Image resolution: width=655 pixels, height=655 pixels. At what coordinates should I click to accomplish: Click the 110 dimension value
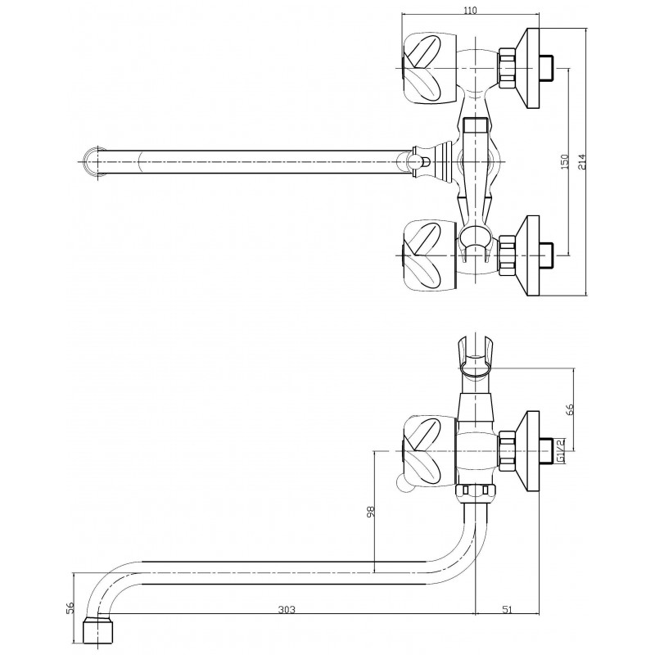tap(470, 10)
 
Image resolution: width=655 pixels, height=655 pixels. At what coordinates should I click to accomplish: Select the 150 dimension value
tap(565, 161)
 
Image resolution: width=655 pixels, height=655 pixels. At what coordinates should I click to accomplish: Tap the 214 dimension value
tap(582, 161)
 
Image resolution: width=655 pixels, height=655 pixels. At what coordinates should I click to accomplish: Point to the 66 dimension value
tap(571, 409)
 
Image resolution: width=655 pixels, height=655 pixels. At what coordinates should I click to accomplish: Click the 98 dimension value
tap(371, 511)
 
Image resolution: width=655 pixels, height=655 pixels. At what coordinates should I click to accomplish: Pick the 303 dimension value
tap(287, 609)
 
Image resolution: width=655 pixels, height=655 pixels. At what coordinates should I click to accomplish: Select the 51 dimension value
tap(507, 609)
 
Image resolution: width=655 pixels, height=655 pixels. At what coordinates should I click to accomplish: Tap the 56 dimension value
tap(70, 608)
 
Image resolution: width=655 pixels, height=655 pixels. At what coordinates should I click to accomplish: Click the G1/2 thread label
tap(562, 451)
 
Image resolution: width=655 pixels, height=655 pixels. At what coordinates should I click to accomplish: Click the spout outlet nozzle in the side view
tap(97, 630)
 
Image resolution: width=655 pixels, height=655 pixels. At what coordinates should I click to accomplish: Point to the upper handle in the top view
tap(430, 68)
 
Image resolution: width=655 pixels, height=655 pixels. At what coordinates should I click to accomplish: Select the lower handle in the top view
tap(430, 255)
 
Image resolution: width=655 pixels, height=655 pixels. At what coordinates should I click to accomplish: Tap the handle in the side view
tap(430, 451)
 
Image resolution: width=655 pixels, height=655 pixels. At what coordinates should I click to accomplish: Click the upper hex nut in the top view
tap(507, 68)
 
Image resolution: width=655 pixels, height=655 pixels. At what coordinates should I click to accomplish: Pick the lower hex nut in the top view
tap(507, 255)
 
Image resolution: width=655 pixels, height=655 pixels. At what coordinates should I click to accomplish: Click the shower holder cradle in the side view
tap(477, 357)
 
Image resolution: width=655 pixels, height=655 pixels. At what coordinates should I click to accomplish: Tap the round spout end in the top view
tap(94, 161)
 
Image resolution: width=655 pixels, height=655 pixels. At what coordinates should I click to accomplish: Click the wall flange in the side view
tap(527, 451)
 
